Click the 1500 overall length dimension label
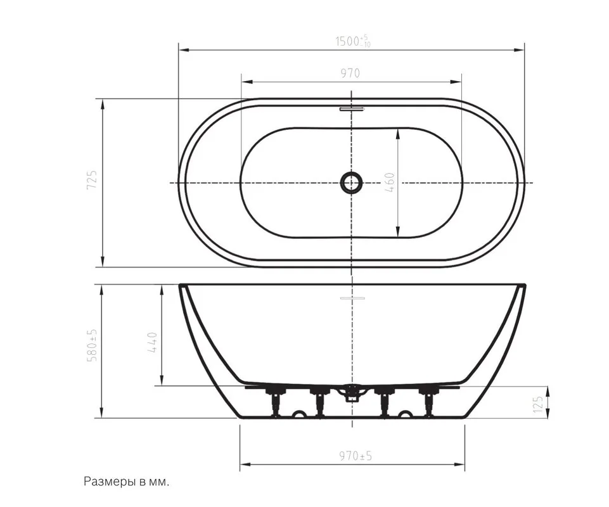(x=352, y=41)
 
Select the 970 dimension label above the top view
(x=350, y=73)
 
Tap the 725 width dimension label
(x=92, y=179)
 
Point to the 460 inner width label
(x=390, y=183)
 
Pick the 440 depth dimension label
(x=152, y=342)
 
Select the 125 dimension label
(x=537, y=404)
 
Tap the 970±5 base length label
(x=356, y=455)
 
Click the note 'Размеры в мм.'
(x=127, y=482)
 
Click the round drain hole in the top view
(x=352, y=183)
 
